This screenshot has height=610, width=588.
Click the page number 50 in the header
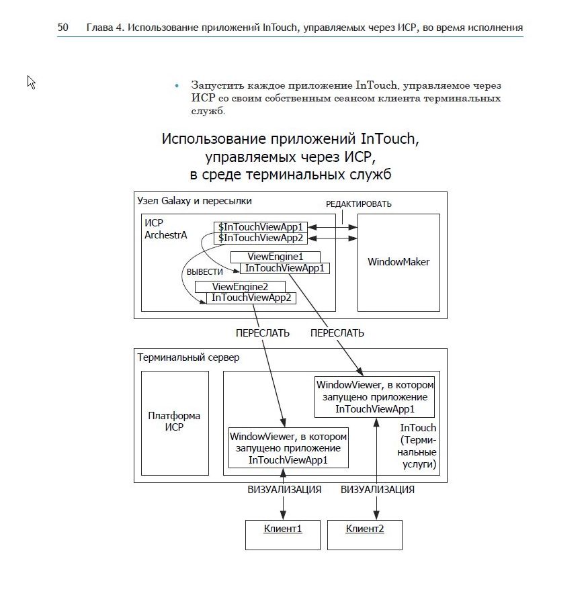point(63,28)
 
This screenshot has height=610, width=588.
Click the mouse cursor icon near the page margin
point(31,82)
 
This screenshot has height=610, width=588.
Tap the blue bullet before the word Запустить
point(177,86)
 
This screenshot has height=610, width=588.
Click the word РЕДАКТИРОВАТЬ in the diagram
point(359,204)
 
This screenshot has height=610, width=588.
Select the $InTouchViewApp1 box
point(262,227)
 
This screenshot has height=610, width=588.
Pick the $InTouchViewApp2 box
point(262,238)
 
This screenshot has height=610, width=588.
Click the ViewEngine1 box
point(276,257)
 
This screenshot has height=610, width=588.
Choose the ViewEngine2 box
point(240,287)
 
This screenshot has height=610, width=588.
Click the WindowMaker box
point(398,262)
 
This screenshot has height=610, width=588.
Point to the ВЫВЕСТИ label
point(204,272)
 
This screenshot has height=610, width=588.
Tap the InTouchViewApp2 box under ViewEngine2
point(251,298)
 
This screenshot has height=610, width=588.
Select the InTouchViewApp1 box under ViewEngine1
point(284,268)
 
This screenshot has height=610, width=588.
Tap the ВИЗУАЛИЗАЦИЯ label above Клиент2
point(377,490)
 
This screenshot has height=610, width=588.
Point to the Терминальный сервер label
point(188,357)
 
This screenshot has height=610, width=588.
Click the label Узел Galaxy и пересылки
point(195,201)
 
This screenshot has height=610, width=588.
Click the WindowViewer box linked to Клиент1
point(289,447)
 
